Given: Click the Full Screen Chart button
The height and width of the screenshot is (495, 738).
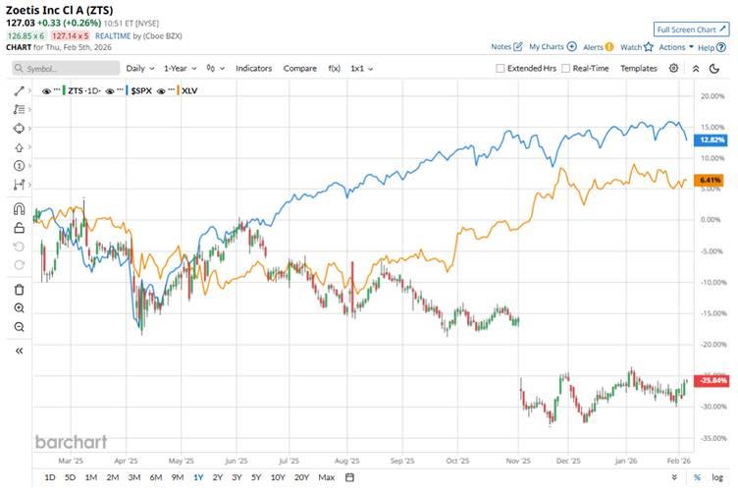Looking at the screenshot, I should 692,29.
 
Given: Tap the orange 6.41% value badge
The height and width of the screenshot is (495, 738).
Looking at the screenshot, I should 711,181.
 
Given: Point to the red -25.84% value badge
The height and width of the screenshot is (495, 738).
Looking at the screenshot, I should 710,380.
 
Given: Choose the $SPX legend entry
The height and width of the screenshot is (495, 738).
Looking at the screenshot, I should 144,90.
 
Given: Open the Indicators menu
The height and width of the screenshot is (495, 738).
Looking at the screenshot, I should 253,69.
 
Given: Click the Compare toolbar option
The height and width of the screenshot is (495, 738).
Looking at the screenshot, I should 299,69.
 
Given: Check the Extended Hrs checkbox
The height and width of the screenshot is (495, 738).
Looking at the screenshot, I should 501,69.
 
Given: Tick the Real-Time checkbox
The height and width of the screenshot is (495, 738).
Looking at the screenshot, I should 566,69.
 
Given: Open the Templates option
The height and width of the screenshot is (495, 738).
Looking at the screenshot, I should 638,69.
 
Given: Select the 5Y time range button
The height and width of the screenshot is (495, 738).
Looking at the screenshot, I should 256,477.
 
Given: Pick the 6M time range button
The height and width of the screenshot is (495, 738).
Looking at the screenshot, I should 156,477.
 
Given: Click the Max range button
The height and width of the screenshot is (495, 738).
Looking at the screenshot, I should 327,477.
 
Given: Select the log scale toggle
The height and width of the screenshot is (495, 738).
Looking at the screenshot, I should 716,477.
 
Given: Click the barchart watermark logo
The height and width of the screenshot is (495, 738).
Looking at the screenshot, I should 71,442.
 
